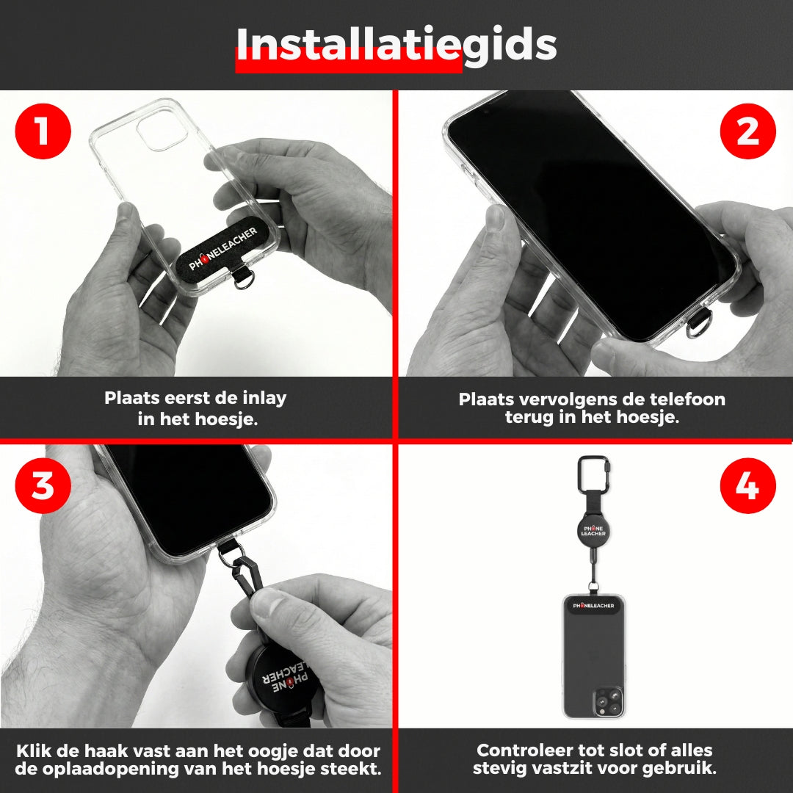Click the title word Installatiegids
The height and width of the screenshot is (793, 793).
pyautogui.click(x=396, y=45)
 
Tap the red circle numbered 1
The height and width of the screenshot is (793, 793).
pyautogui.click(x=43, y=131)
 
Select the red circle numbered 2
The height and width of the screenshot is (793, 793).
pyautogui.click(x=747, y=131)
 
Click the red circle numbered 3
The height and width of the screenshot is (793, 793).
pyautogui.click(x=43, y=485)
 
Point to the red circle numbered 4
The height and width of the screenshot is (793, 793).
pyautogui.click(x=747, y=485)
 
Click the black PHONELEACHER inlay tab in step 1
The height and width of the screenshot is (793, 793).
pyautogui.click(x=222, y=249)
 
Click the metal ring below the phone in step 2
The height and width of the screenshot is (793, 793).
pyautogui.click(x=699, y=324)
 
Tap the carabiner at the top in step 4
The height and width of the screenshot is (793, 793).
pyautogui.click(x=593, y=471)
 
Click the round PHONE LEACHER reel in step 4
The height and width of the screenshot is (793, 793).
pyautogui.click(x=593, y=531)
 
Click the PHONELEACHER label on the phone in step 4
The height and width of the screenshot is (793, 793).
pyautogui.click(x=593, y=605)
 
